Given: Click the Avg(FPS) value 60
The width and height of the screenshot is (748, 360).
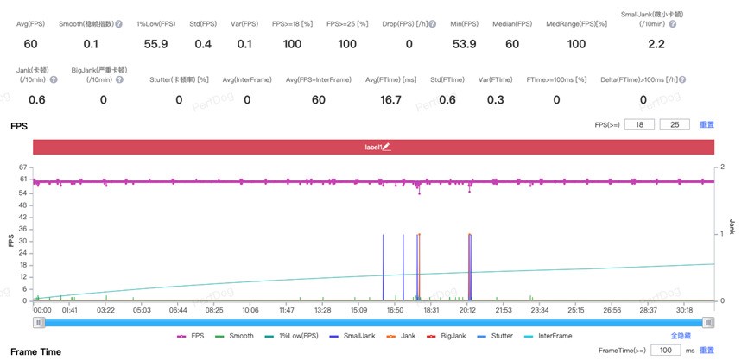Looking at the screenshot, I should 30,43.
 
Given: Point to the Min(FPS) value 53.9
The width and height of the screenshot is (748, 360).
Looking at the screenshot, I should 464,43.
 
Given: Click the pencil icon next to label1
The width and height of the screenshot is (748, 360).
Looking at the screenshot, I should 387,148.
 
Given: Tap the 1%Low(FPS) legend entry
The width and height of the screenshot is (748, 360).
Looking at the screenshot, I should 300,336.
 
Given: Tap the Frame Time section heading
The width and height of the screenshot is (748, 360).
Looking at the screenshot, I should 35,351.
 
